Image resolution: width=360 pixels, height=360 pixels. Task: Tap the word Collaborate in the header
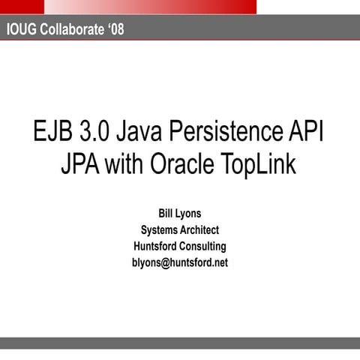click(x=69, y=30)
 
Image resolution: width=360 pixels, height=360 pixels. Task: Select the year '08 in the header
click(x=111, y=30)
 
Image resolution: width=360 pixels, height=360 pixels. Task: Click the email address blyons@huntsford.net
click(x=180, y=262)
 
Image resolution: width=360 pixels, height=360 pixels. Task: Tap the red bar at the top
click(x=150, y=7)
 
